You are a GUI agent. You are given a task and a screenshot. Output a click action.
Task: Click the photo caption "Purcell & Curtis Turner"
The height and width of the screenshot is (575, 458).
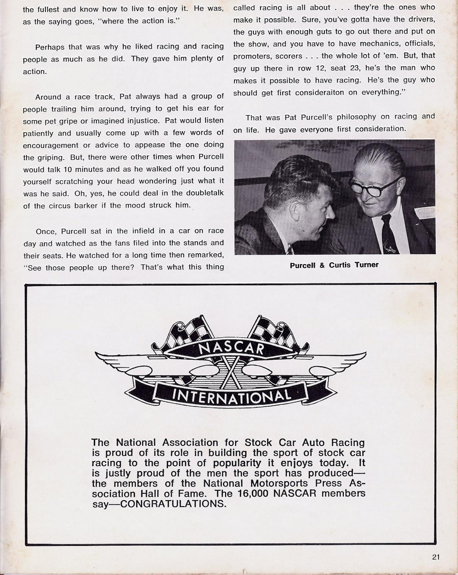334,265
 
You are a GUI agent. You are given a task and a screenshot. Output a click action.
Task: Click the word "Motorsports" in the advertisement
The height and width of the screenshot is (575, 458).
278,483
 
